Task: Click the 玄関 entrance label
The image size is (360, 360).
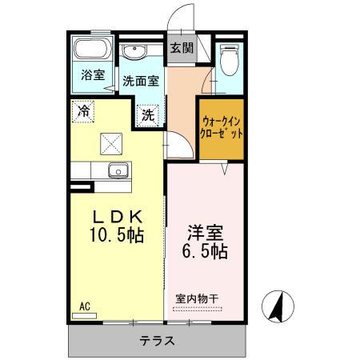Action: click(x=182, y=48)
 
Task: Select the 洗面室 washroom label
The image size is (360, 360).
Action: click(x=141, y=81)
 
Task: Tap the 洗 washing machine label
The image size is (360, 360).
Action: click(x=148, y=114)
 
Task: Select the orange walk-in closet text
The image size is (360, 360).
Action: click(x=222, y=128)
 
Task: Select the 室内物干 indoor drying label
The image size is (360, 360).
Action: click(x=198, y=298)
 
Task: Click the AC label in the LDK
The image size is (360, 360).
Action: click(x=85, y=306)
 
